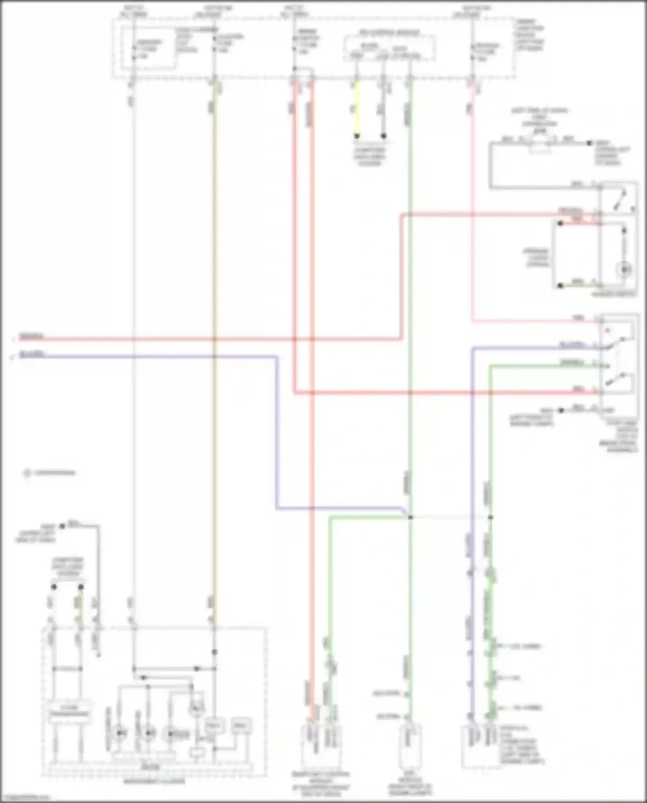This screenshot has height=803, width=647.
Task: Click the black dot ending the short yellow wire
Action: tap(357, 136)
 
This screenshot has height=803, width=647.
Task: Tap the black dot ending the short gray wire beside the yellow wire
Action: tap(383, 136)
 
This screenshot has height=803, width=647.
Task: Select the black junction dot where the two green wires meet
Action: tap(410, 517)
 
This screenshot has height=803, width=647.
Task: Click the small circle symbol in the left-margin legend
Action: tap(27, 473)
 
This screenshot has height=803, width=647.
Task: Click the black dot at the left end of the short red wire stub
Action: tap(560, 224)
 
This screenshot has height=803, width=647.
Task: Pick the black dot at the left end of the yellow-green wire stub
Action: tap(560, 286)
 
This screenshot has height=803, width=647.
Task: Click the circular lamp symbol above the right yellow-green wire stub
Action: tap(624, 270)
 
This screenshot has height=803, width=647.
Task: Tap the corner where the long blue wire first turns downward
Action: tap(276, 357)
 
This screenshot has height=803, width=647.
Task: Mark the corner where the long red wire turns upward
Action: tap(402, 339)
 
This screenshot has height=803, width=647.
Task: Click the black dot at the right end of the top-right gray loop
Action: tap(589, 143)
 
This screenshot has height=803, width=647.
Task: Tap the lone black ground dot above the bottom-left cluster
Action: tap(62, 526)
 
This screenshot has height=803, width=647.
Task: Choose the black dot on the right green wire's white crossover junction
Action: tap(490, 517)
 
